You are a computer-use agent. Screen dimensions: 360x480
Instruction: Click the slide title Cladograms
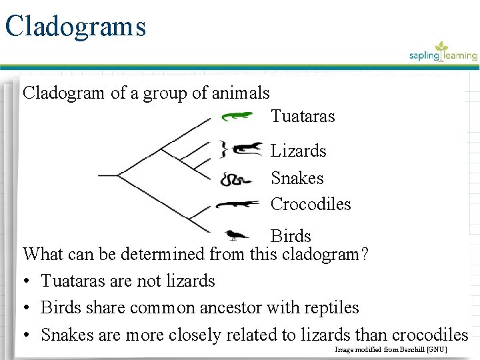(x=75, y=27)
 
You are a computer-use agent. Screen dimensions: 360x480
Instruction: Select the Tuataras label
(x=303, y=117)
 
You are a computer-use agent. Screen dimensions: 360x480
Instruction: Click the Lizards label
(x=298, y=151)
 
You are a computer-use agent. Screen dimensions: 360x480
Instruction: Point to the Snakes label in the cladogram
(x=297, y=178)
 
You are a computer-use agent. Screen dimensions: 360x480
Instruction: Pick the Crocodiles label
(x=311, y=204)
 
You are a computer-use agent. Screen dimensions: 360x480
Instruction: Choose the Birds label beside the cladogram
(x=291, y=236)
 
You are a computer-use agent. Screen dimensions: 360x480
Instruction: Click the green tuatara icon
(x=237, y=117)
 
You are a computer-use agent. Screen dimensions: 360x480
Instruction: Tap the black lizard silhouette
(x=247, y=149)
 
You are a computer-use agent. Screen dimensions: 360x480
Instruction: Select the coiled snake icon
(x=235, y=179)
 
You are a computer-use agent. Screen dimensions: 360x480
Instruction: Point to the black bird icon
(x=236, y=234)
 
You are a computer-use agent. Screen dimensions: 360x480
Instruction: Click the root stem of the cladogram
(x=107, y=175)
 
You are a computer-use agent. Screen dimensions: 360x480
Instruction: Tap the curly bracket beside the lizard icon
(x=225, y=149)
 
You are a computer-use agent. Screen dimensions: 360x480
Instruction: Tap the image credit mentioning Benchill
(x=391, y=349)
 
